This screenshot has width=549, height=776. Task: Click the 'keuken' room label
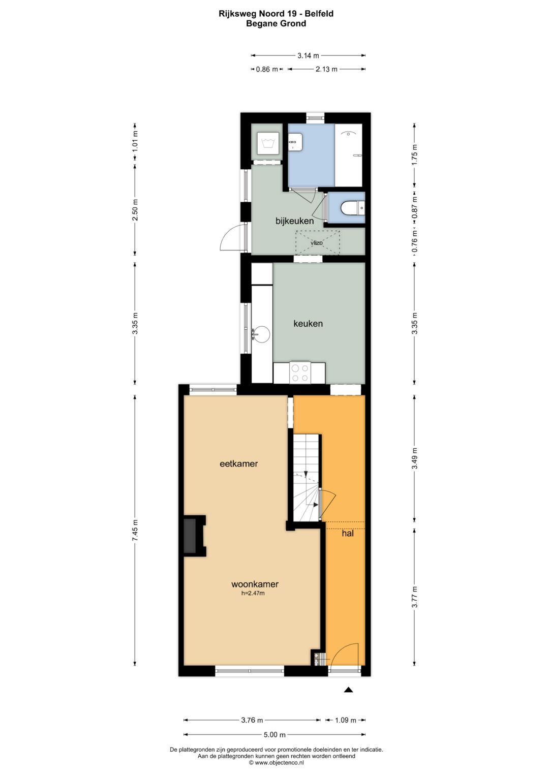pos(308,324)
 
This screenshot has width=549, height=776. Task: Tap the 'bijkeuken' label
pos(295,221)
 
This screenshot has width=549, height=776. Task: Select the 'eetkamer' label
pos(239,463)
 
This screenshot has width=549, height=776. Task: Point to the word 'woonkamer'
pos(255,584)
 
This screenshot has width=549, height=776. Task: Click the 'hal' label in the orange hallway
pos(348,533)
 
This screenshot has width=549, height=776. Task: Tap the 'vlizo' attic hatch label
pos(316,243)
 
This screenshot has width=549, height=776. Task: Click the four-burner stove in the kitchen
pos(300,373)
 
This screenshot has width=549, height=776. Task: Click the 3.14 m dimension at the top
pos(308,55)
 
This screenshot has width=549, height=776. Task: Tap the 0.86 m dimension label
pos(267,69)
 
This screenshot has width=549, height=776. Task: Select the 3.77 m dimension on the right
pos(414,597)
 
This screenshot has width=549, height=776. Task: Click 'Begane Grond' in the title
pos(276,24)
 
